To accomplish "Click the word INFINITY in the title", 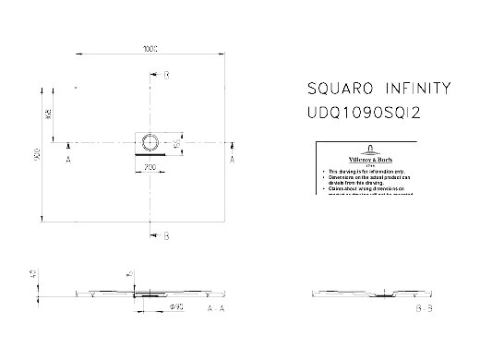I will click(x=417, y=90).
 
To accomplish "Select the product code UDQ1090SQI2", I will click(x=363, y=111).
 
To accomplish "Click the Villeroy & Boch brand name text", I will click(x=367, y=159).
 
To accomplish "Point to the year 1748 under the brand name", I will click(x=367, y=165).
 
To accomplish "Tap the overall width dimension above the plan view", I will click(x=150, y=48).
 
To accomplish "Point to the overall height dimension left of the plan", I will click(x=37, y=153).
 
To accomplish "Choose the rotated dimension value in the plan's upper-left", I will click(x=47, y=112).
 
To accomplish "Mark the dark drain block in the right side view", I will click(x=380, y=297).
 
